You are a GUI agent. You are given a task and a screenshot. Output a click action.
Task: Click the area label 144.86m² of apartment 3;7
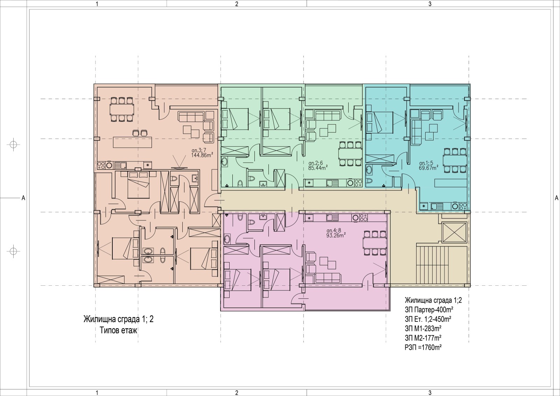pos(202,155)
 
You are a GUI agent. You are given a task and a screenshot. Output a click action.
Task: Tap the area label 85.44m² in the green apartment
pos(318,168)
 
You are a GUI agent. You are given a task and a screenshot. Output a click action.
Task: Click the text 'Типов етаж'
pos(119,331)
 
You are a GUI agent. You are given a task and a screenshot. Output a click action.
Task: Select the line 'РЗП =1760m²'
pos(423,347)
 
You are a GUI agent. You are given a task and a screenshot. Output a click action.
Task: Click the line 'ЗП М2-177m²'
pos(423,338)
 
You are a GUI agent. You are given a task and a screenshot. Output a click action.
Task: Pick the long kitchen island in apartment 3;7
pos(132,142)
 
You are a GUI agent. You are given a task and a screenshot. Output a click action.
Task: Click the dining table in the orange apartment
pos(121,109)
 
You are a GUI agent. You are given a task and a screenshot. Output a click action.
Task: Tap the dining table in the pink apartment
pos(374,242)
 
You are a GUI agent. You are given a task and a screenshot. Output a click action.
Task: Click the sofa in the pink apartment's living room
pos(328,278)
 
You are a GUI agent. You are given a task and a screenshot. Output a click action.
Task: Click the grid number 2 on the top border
pos(237,4)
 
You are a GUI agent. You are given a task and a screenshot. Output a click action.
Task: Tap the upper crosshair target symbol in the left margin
pos(14,145)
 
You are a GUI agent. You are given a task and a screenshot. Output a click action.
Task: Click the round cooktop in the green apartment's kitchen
pos(350,183)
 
